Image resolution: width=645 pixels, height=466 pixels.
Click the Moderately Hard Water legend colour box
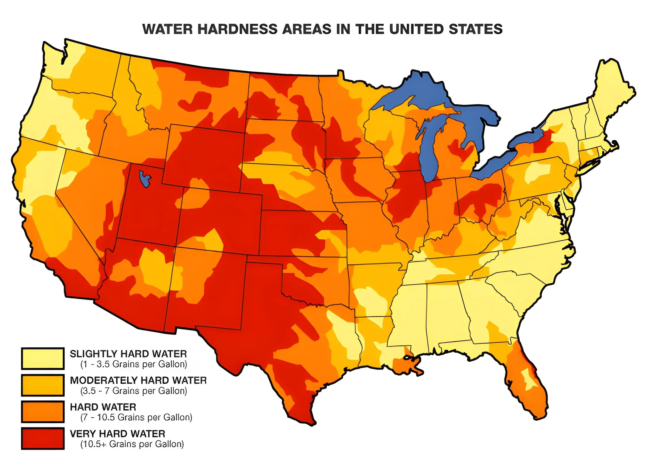[42, 385]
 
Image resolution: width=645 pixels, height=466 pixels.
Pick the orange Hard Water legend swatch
[42, 412]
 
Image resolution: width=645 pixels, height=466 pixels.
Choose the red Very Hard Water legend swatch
[42, 438]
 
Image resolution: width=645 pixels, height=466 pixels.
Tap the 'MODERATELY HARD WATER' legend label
[138, 380]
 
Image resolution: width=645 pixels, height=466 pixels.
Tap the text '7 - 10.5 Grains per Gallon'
[136, 417]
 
